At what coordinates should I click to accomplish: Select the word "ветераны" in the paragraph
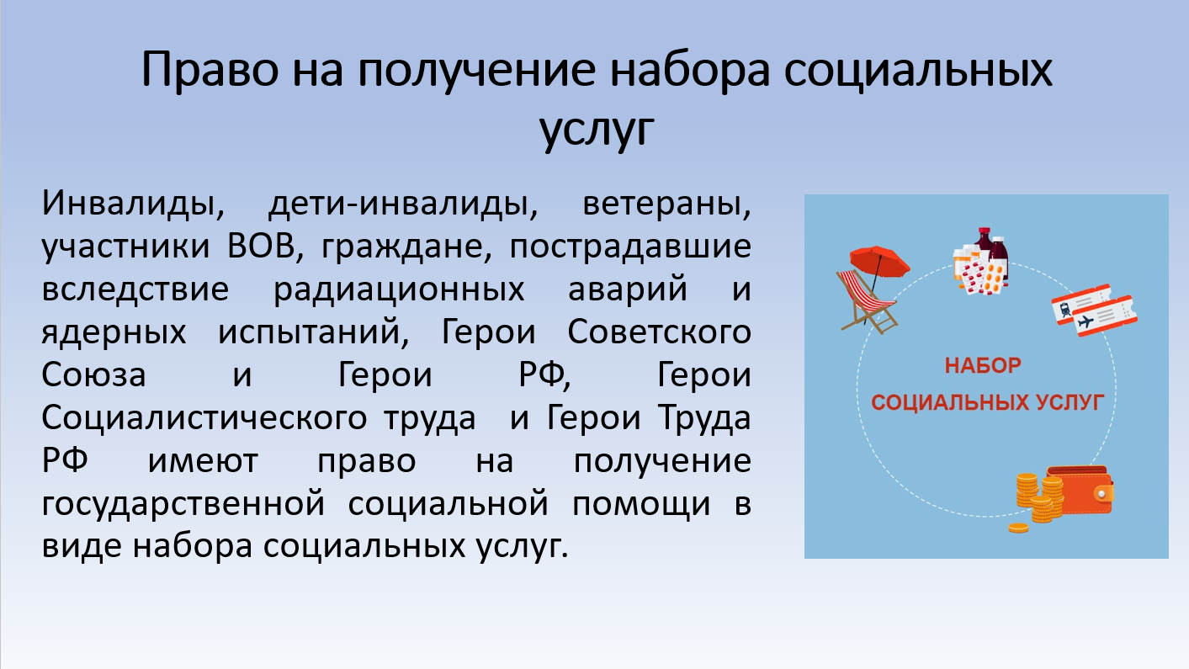666,204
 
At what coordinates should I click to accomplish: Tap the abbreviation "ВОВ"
261,247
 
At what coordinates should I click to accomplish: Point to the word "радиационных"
399,290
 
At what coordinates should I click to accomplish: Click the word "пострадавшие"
630,247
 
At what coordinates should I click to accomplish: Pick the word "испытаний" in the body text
313,332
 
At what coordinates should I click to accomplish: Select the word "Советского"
659,332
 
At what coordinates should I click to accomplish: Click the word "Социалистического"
204,418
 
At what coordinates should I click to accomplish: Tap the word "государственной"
183,504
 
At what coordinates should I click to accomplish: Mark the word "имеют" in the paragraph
203,461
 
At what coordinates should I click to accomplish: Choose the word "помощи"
641,504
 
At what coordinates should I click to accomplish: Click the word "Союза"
93,374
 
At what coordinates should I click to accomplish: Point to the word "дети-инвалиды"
403,204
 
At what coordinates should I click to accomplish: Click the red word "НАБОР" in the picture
983,365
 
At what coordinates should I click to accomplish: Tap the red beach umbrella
879,261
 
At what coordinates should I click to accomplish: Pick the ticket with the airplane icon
1105,316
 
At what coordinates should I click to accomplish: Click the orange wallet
1080,490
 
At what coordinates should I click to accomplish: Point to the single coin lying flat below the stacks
1018,528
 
